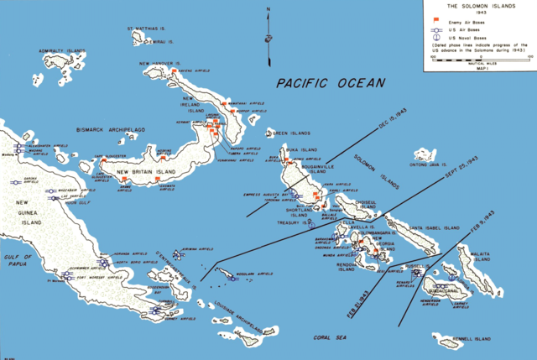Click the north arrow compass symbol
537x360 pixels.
267,38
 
